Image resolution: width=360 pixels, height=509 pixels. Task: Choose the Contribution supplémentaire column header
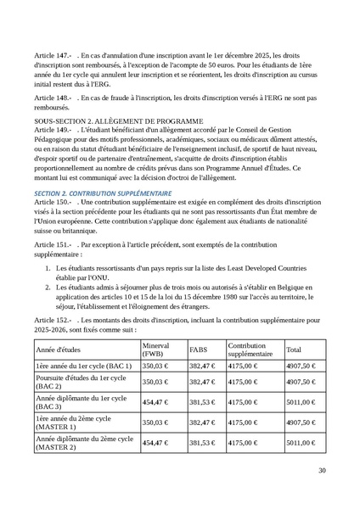[251, 349]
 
